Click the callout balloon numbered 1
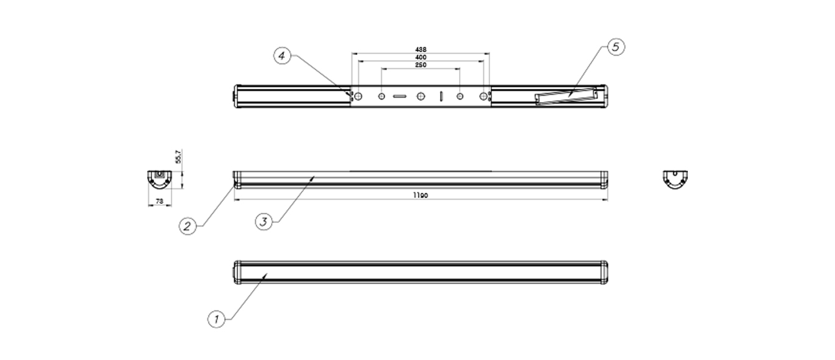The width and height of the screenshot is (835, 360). [x=216, y=319]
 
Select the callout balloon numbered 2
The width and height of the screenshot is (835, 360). [x=187, y=226]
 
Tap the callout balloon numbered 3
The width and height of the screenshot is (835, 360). [x=264, y=221]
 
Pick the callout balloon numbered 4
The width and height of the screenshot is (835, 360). [x=282, y=56]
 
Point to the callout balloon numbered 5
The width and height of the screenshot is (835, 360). [x=616, y=47]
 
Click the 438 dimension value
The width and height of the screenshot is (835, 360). [x=421, y=49]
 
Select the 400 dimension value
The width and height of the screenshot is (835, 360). [x=421, y=57]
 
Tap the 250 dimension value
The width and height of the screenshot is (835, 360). [x=421, y=65]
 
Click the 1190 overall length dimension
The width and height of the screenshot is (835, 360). [x=421, y=195]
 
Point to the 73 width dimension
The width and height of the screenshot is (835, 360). [x=159, y=201]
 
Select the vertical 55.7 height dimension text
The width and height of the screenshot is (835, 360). [x=178, y=157]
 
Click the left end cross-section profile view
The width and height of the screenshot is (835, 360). [x=159, y=179]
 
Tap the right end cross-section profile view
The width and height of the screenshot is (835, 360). [x=675, y=179]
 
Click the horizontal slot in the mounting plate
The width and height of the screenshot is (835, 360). [x=400, y=96]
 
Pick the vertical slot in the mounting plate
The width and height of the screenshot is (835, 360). [x=440, y=96]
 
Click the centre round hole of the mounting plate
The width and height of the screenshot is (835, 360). [x=421, y=96]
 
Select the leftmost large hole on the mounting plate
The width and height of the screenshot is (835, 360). [x=358, y=96]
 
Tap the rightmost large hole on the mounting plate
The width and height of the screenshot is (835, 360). [x=483, y=96]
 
